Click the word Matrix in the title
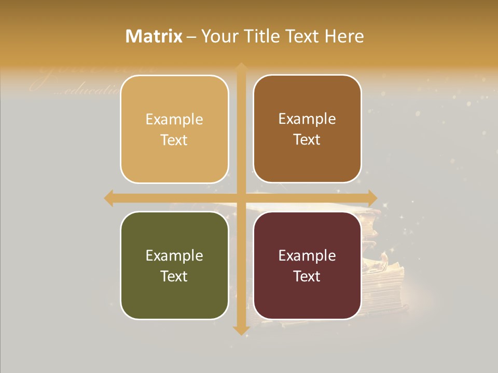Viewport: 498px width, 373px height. point(154,36)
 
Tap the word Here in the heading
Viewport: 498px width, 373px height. point(344,36)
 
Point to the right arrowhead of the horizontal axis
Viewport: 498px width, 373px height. point(372,198)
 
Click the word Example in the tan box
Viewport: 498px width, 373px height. point(174,120)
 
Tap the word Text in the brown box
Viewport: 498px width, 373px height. point(307,140)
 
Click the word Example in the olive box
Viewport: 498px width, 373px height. point(174,255)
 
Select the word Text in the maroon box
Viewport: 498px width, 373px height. point(307,276)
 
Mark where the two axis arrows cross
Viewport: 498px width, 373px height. point(241,198)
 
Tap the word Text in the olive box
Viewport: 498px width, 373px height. point(174,276)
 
